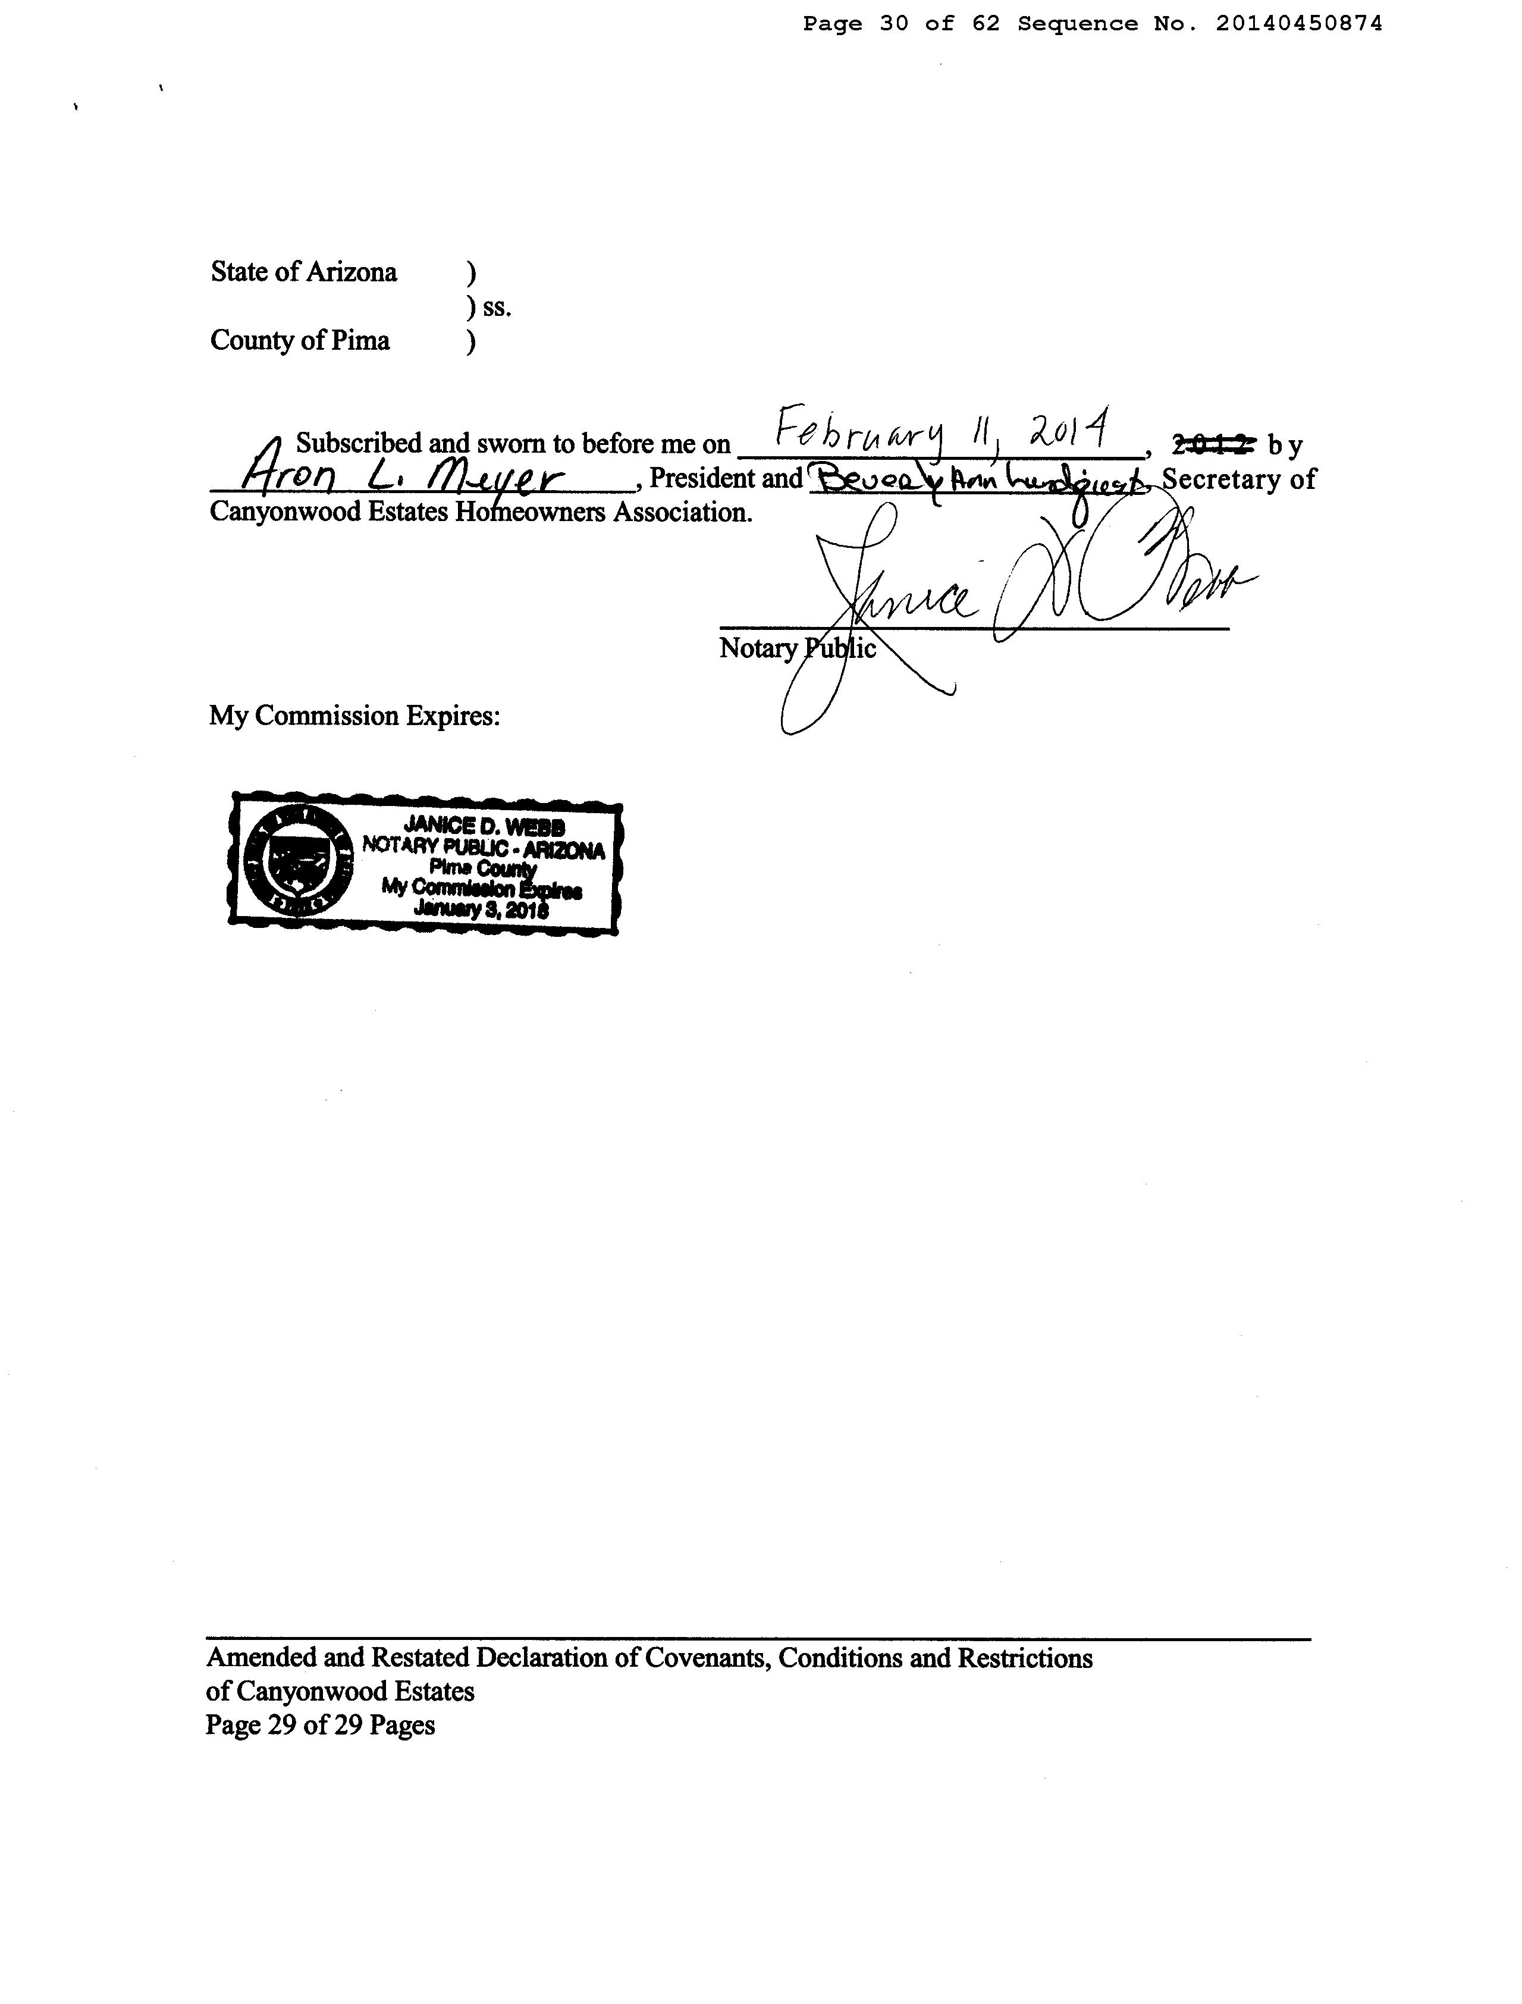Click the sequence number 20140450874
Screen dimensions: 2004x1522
[1298, 24]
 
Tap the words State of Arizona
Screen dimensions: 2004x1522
[303, 272]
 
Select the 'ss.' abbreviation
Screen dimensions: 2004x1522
[497, 308]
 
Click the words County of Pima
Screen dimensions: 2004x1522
[300, 341]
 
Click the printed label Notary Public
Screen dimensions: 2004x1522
[797, 649]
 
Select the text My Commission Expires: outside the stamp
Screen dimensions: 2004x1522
[354, 716]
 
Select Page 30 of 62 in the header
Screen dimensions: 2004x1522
[902, 24]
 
